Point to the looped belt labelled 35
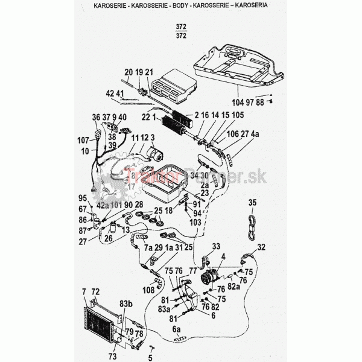click(x=252, y=223)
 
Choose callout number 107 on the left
click(x=83, y=140)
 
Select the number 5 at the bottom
click(x=151, y=356)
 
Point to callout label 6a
click(x=177, y=329)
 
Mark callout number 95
click(x=83, y=198)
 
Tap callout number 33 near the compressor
click(x=216, y=246)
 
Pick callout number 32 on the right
click(x=261, y=247)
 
